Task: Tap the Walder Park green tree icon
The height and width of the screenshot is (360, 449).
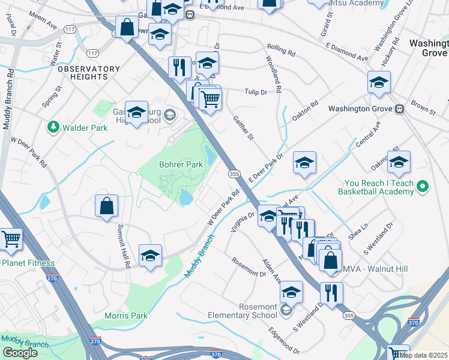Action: point(53,127)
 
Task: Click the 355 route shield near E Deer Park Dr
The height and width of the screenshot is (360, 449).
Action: point(235,173)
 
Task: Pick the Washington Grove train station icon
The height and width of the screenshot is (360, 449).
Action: point(399,109)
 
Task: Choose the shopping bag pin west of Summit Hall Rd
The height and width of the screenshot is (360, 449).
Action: point(106,206)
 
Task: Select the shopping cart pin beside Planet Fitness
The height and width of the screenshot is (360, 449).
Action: point(11,239)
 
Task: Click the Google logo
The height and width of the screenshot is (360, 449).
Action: point(20,353)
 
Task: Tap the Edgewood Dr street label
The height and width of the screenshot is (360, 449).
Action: point(284,340)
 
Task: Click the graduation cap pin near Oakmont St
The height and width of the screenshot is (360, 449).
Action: point(399,161)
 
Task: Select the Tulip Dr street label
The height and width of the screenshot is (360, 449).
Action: point(255,91)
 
